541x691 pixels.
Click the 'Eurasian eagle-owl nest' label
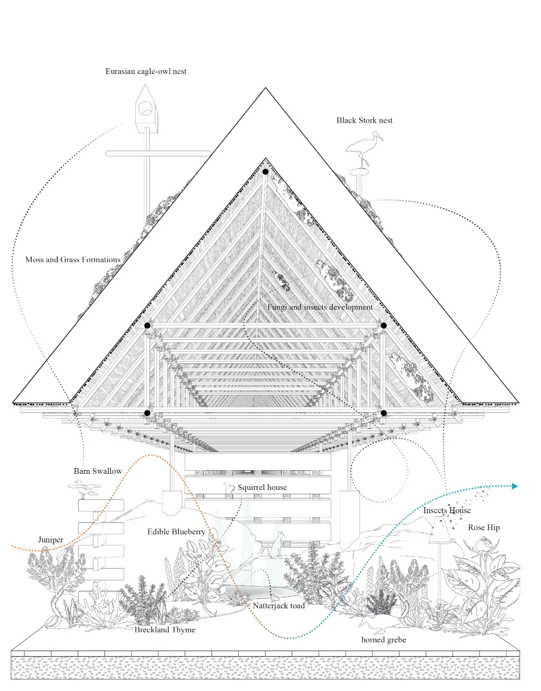pos(146,71)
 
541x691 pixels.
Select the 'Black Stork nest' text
pos(364,120)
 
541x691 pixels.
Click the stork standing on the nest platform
pos(364,149)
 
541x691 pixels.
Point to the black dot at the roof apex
pos(266,172)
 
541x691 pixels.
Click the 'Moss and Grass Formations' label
pos(73,260)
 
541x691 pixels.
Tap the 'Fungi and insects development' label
pos(320,307)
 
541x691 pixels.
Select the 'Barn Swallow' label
pos(98,471)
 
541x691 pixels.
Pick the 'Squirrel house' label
pos(262,487)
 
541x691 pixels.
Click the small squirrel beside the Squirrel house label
pos(229,487)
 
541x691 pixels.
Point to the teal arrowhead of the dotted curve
pos(515,486)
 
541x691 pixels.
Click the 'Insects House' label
pos(447,510)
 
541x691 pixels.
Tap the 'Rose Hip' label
pos(484,528)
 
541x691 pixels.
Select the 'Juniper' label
pos(50,540)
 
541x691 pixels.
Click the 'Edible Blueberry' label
pos(176,532)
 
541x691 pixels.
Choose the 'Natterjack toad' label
pos(279,606)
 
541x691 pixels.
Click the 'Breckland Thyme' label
pos(165,630)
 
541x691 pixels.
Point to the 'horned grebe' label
pos(384,640)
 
